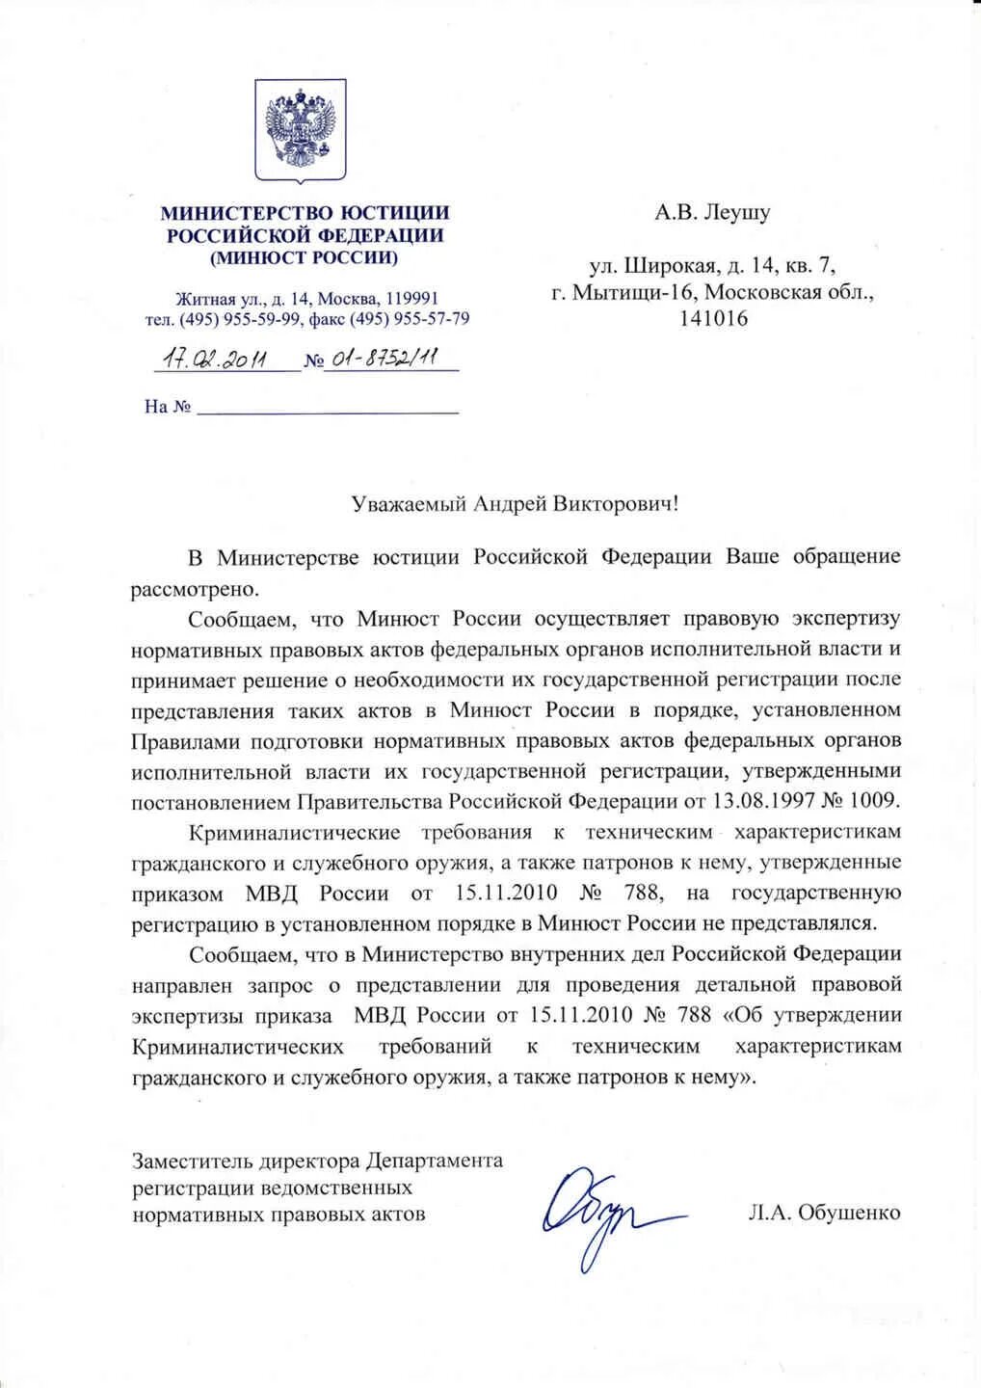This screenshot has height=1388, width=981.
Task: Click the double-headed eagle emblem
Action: [300, 130]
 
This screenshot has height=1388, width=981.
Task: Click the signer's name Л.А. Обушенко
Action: [824, 1213]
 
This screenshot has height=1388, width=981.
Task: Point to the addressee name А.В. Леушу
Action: [712, 212]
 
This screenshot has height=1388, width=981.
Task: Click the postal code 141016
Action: [713, 318]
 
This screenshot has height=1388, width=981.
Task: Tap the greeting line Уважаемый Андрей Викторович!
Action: [516, 503]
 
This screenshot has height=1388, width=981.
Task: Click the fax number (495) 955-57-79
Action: [410, 319]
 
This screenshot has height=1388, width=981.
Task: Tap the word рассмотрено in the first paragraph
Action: [194, 588]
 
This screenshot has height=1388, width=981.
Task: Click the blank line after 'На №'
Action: [328, 408]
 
